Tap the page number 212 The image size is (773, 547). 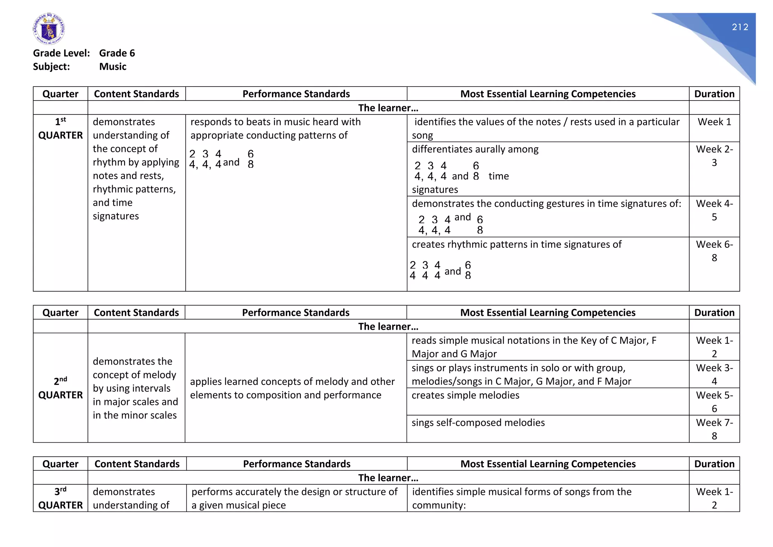tap(740, 27)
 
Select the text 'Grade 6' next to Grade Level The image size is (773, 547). tap(117, 53)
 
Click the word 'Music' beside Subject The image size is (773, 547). tap(112, 67)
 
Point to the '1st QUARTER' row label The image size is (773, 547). tap(60, 129)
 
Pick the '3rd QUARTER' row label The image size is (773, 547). tap(60, 498)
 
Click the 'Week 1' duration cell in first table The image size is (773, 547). tap(714, 122)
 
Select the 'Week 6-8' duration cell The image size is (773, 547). tap(714, 251)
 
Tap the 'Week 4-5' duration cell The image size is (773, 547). tap(714, 210)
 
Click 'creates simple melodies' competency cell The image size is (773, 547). tap(465, 396)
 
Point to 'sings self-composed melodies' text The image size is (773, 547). tap(478, 423)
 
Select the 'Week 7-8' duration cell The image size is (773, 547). tap(714, 429)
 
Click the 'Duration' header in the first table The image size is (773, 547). tap(714, 94)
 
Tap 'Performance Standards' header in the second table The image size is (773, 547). tap(296, 313)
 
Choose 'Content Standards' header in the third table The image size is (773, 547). tap(137, 464)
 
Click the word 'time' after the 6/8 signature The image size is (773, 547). tap(498, 176)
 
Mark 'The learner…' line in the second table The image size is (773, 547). tap(388, 327)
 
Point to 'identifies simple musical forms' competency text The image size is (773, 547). tap(522, 492)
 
